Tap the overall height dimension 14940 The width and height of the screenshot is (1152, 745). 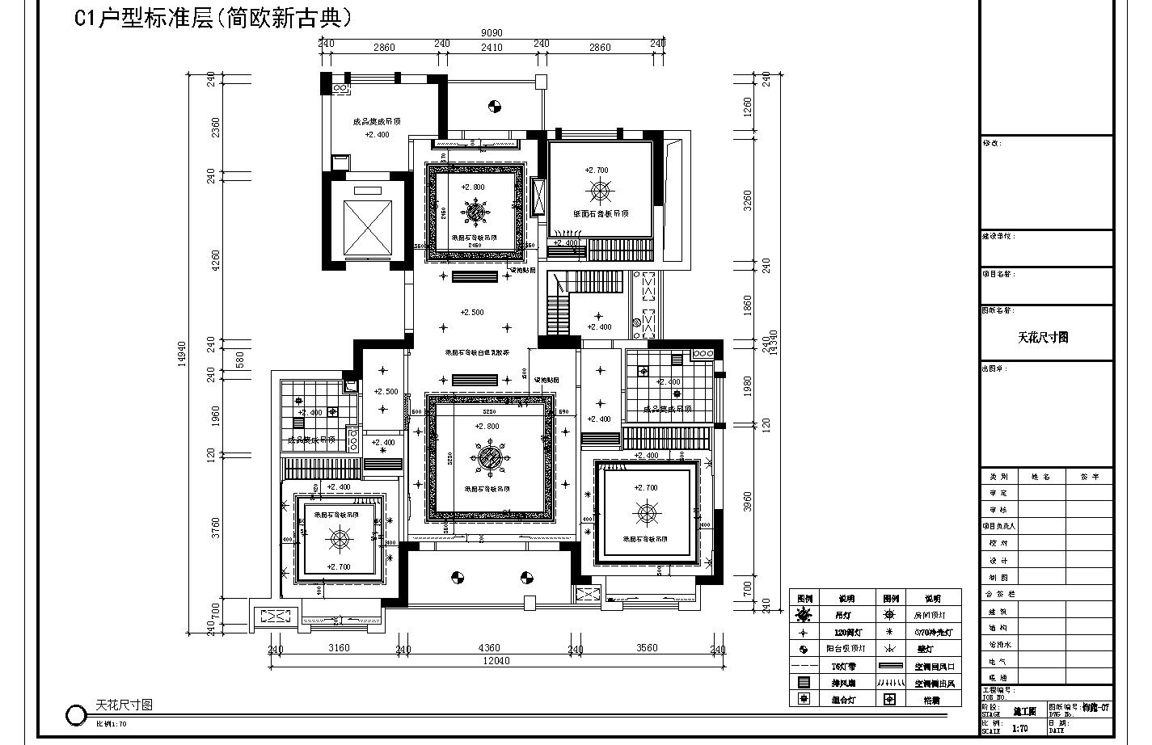[182, 353]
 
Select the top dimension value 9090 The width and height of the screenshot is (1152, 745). [492, 33]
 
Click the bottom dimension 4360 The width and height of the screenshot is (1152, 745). [489, 648]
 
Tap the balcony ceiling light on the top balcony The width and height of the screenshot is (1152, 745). [494, 105]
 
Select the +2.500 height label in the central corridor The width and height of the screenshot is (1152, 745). [472, 312]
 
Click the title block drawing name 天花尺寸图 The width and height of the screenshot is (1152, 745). [1043, 337]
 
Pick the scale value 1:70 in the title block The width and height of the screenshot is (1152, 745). [1020, 728]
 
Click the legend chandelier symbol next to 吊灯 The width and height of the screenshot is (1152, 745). [804, 616]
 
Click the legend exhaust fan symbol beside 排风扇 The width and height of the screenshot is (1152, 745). [804, 683]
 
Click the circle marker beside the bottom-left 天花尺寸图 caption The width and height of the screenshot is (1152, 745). [76, 715]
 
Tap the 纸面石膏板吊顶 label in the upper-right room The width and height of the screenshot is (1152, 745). [600, 214]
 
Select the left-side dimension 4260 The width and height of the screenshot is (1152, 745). [216, 259]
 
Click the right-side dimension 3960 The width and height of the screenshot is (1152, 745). [748, 502]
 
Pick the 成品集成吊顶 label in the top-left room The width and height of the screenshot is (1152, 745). [377, 122]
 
